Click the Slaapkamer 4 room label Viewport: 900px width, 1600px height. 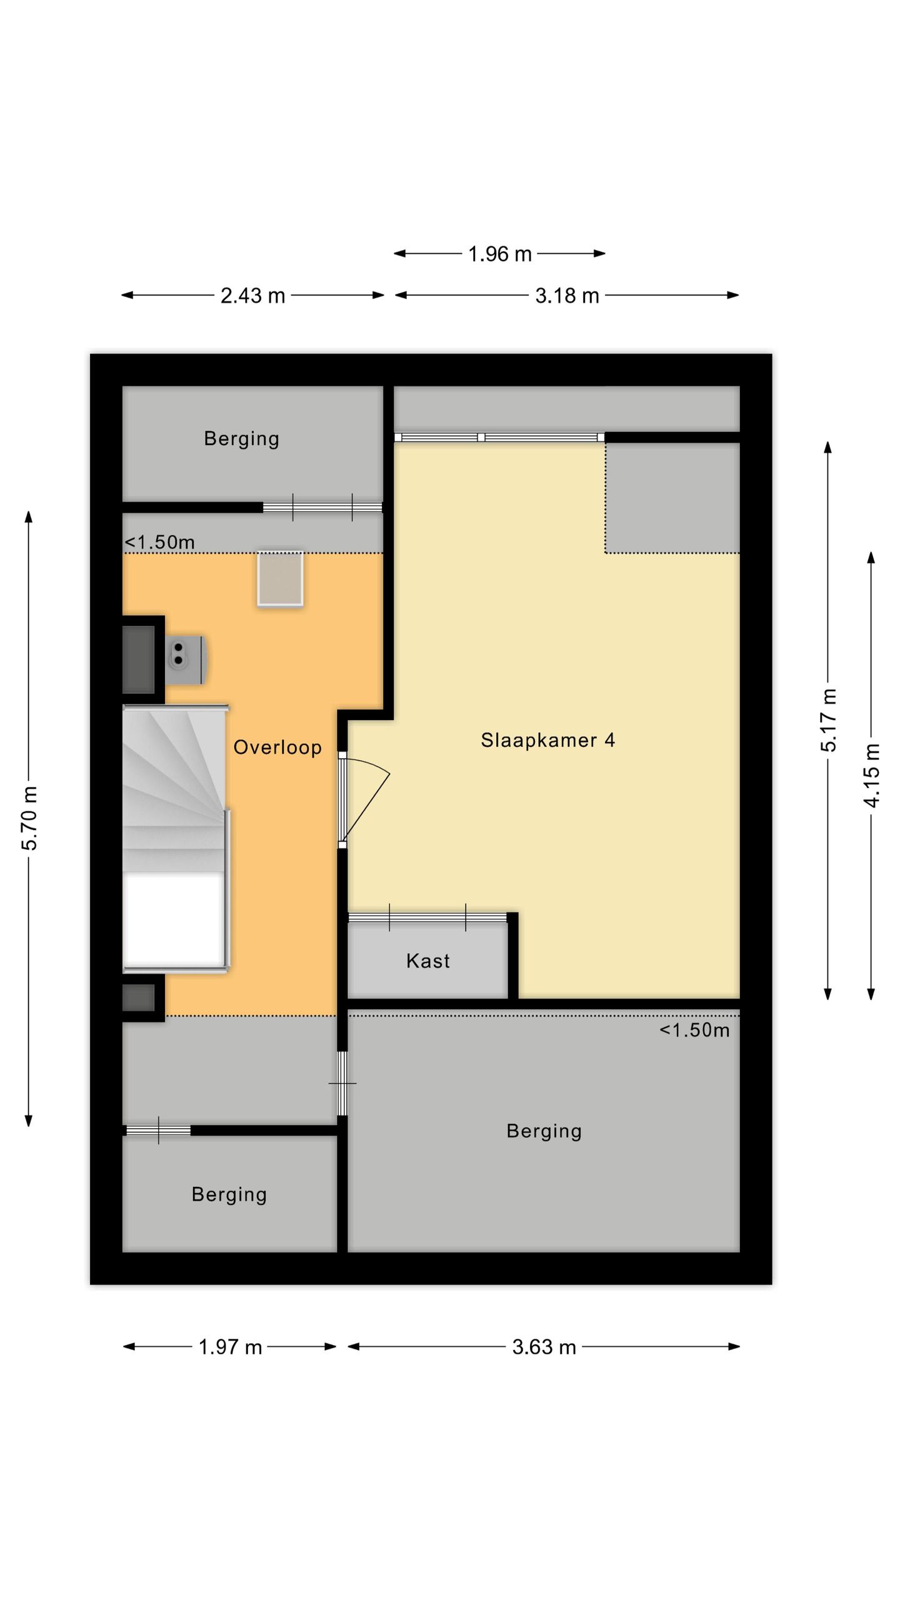click(547, 740)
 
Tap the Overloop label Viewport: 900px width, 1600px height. click(277, 747)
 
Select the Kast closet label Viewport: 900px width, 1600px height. click(427, 961)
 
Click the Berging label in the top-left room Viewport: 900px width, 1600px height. click(241, 439)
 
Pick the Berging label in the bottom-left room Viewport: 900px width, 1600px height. click(229, 1194)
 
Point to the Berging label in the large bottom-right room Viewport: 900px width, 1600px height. click(544, 1131)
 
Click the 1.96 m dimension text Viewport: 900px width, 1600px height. click(499, 254)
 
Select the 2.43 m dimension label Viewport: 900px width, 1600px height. click(252, 296)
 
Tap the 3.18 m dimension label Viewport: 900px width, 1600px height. click(567, 296)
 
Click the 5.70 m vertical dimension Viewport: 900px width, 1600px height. click(29, 818)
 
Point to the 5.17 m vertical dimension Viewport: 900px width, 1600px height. click(828, 719)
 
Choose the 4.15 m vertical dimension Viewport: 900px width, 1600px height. click(872, 775)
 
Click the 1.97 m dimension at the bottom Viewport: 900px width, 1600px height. click(230, 1347)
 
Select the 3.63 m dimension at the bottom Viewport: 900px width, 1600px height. click(544, 1347)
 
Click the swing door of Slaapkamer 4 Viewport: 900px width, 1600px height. click(366, 800)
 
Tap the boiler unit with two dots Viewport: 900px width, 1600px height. click(185, 660)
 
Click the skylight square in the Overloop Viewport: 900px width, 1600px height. click(280, 578)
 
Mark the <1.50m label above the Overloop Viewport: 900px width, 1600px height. click(160, 542)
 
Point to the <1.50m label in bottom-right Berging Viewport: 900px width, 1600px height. click(694, 1029)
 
